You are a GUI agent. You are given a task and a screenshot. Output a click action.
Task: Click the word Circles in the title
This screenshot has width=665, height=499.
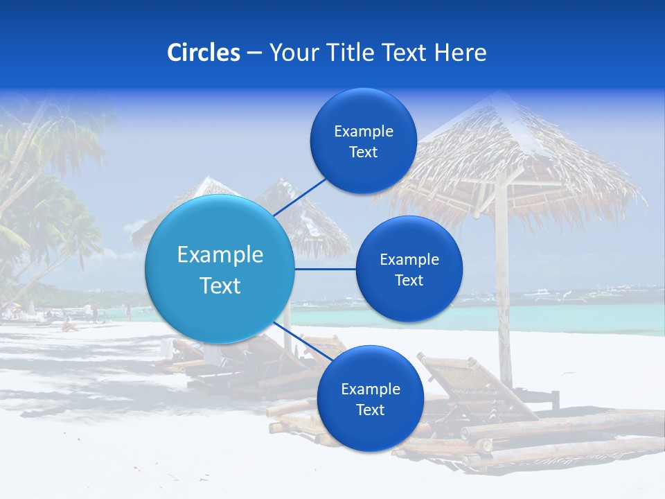coord(204,53)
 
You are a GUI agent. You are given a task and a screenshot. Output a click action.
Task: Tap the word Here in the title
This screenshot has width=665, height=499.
coord(460,53)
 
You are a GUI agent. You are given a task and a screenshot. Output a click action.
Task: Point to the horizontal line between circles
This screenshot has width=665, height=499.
coord(325,269)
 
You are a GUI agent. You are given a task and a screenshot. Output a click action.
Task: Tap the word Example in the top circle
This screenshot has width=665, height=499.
coord(364,132)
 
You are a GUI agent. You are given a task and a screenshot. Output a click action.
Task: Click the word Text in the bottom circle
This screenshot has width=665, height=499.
coord(370,410)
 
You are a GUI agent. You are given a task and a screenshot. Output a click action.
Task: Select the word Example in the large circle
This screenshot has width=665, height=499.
coord(220,255)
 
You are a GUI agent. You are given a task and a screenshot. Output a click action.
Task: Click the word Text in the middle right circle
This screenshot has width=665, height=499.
coord(409,280)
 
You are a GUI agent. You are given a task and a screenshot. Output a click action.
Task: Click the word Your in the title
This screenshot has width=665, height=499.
coord(291,53)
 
